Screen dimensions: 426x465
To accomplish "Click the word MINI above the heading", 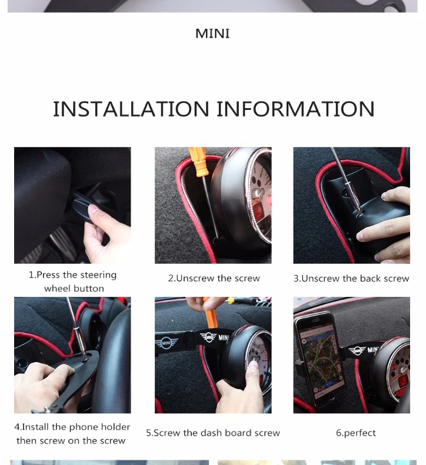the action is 212,34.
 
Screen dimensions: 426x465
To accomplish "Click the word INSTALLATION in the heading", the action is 131,109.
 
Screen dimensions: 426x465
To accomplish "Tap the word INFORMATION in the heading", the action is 295,109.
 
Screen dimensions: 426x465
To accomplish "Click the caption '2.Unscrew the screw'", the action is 214,279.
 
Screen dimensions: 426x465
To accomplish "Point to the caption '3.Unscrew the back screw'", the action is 351,279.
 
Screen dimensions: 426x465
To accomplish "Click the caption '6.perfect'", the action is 355,433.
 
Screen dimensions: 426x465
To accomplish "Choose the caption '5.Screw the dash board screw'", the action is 213,433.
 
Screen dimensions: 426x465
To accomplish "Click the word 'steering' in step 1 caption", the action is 98,275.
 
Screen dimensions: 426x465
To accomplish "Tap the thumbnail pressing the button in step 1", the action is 72,205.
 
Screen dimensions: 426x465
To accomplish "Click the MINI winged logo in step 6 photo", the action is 357,350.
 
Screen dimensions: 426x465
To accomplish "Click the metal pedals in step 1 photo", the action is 59,244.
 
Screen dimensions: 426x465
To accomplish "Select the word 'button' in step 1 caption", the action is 89,289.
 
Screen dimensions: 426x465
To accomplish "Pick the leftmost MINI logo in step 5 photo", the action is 167,343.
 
